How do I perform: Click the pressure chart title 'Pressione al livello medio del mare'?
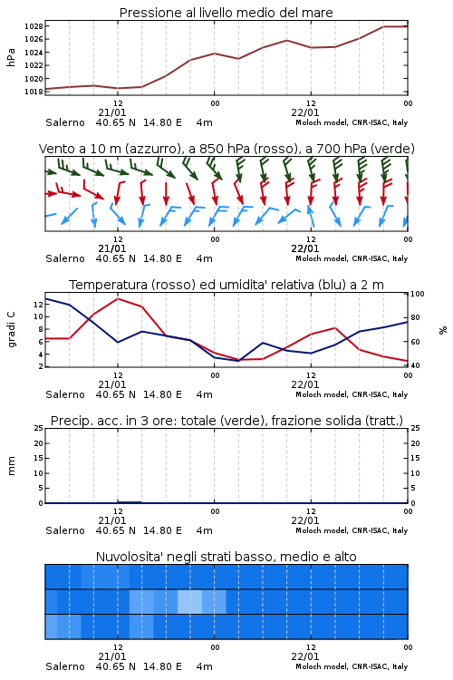click(226, 13)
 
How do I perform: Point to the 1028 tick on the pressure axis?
click(34, 26)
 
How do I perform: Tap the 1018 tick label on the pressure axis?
click(34, 92)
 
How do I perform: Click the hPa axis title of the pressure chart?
click(11, 57)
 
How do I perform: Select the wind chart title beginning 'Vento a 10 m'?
click(226, 149)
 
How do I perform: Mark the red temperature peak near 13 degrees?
click(118, 299)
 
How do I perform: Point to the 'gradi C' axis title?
click(12, 329)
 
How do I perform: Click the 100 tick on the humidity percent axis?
click(418, 294)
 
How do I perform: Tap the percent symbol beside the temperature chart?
click(443, 330)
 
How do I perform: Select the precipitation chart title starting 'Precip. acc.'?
click(226, 421)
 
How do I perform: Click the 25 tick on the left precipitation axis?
click(39, 428)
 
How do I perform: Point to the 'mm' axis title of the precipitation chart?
click(11, 466)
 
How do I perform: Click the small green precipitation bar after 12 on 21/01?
click(130, 502)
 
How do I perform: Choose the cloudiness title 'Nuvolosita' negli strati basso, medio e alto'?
click(226, 557)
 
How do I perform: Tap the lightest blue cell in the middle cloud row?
click(190, 602)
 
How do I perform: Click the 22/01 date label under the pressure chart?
click(305, 112)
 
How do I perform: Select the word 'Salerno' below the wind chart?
click(65, 258)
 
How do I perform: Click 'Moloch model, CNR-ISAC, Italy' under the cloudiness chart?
click(352, 666)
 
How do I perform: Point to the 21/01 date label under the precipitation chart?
click(112, 520)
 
